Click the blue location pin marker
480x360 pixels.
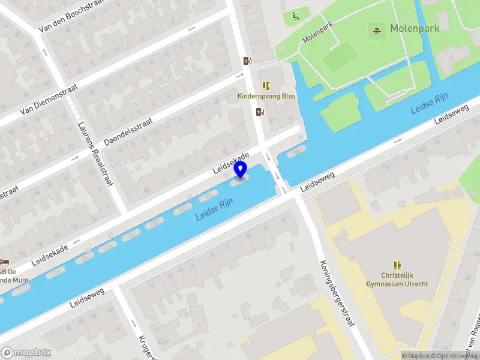(241, 170)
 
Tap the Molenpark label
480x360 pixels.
(415, 28)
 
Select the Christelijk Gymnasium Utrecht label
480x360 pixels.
(397, 280)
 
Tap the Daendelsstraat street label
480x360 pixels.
(128, 131)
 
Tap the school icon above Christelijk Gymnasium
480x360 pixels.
(397, 265)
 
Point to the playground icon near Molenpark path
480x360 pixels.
(295, 16)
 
